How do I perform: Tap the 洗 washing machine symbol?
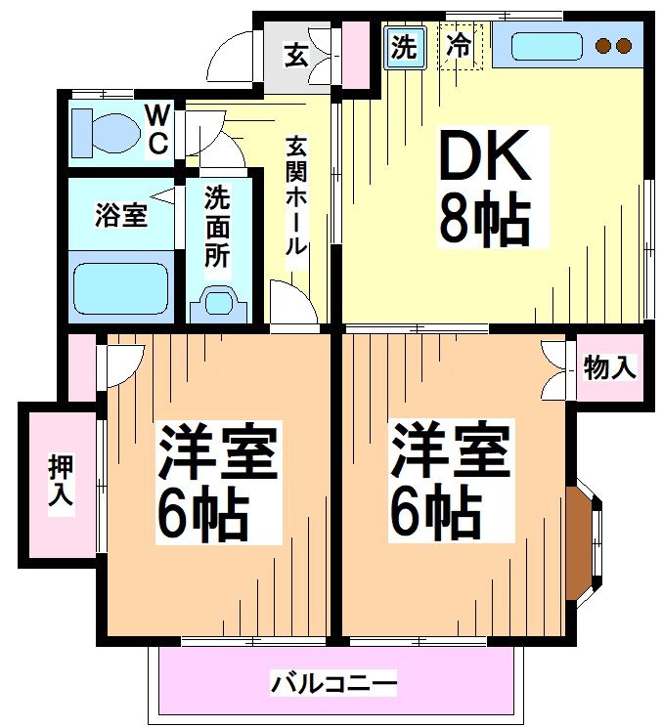coord(402,47)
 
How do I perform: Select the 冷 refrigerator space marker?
coord(459,45)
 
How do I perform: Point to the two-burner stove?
coord(614,46)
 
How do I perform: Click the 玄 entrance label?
coord(295,55)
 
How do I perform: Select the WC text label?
coord(156,129)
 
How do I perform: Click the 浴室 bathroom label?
coord(120,215)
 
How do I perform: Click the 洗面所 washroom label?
coord(217,227)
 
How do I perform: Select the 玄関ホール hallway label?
coord(294,196)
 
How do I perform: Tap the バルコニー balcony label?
coord(333,681)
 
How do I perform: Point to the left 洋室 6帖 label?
coord(217,482)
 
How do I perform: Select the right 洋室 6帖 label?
coord(448,481)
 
